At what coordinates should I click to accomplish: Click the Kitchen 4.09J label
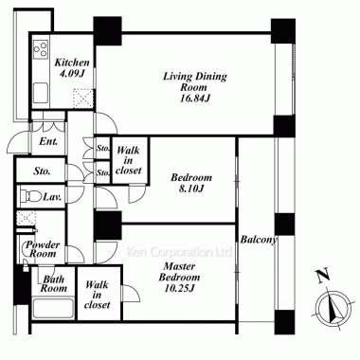click(72, 67)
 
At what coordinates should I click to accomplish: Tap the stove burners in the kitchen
click(42, 48)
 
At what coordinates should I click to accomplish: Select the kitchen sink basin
click(41, 93)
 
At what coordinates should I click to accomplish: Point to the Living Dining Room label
click(194, 81)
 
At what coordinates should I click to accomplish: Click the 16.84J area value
click(195, 99)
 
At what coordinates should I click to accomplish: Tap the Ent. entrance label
click(48, 141)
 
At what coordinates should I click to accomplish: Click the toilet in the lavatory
click(31, 196)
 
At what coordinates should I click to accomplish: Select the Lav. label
click(52, 197)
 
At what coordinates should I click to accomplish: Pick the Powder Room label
click(43, 249)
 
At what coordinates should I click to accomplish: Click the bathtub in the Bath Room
click(53, 308)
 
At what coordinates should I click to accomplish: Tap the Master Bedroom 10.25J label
click(179, 278)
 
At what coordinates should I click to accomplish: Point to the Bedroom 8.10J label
click(191, 183)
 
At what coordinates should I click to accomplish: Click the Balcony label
click(259, 240)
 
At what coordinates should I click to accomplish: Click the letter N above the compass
click(323, 275)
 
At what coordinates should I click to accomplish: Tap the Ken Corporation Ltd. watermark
click(179, 252)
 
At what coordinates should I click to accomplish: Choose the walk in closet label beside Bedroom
click(128, 160)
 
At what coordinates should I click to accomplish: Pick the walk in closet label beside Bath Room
click(98, 295)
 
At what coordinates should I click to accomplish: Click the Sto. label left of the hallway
click(42, 171)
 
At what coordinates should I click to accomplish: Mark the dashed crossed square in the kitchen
click(83, 99)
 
